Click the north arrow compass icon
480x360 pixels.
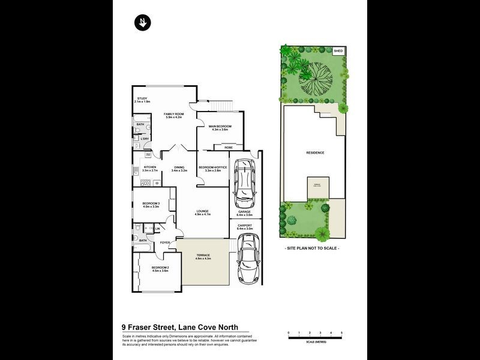tap(143, 23)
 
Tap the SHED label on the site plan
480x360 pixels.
tap(338, 52)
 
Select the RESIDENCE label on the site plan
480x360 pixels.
tap(315, 152)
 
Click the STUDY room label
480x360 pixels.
tap(142, 98)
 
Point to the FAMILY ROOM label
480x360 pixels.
tap(173, 113)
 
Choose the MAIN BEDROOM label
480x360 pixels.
tap(220, 126)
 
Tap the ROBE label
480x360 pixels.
tap(229, 147)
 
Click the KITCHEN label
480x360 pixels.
tap(149, 167)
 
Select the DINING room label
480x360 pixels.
tap(179, 167)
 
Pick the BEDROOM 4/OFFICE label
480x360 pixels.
tap(214, 167)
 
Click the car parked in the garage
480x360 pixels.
tap(244, 180)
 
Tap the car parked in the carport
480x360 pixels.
tap(248, 258)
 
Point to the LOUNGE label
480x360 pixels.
tap(202, 211)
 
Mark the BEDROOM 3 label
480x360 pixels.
tap(150, 204)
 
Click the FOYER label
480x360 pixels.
tap(165, 242)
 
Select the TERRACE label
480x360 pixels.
tap(203, 256)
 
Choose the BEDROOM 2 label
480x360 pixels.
tap(160, 268)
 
